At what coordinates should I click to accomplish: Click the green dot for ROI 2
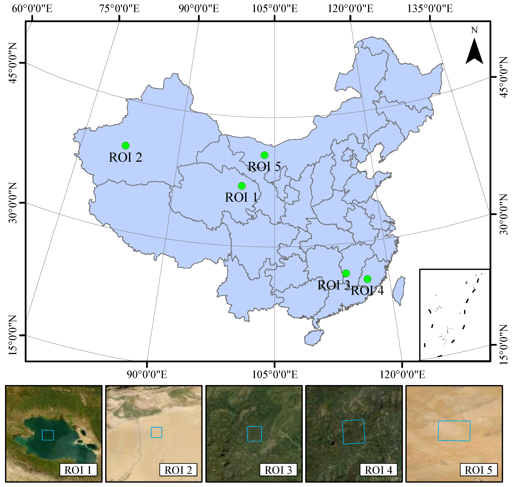pos(126,146)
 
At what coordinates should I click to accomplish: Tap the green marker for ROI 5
pos(264,155)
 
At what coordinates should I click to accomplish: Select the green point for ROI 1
pos(242,186)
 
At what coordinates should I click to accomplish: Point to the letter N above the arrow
pos(474,30)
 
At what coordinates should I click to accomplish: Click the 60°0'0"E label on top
pos(32,9)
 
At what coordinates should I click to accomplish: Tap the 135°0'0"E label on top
pos(430,9)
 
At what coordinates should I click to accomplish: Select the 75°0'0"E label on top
pos(119,9)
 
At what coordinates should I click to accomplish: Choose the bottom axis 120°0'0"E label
pos(402,375)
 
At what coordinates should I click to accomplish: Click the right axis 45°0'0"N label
pos(503,77)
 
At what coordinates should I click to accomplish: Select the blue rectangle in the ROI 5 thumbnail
pos(454,431)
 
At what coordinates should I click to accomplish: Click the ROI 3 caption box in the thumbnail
pos(278,470)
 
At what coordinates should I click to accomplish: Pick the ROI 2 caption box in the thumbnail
pos(178,470)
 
